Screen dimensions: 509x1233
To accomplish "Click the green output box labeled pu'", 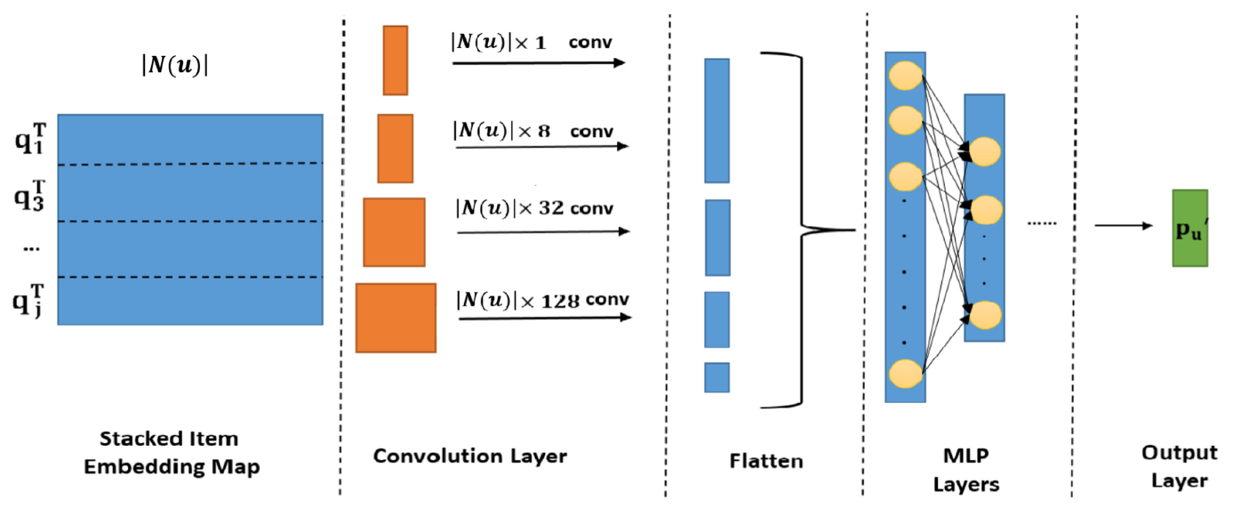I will (x=1189, y=228).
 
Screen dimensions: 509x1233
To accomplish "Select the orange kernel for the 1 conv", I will (x=395, y=60).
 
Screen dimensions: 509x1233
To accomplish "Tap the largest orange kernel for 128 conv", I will (x=396, y=318).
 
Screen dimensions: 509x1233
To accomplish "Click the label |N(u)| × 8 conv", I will (x=533, y=131).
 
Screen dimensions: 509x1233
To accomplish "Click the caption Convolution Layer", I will (x=469, y=456).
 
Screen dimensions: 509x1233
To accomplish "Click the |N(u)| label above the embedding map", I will (x=175, y=67).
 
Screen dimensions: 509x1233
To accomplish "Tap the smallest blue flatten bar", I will (x=717, y=377).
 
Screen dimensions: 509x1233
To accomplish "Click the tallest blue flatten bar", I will (x=717, y=120).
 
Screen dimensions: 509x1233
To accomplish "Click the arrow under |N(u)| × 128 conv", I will (x=545, y=317).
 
